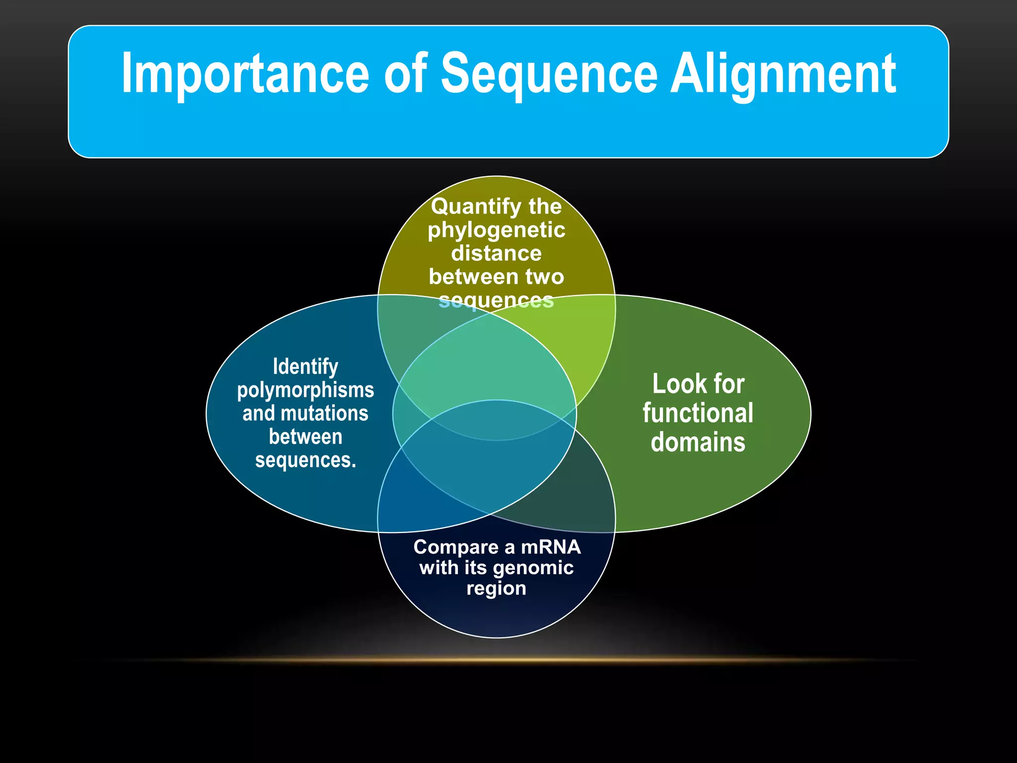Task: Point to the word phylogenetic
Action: click(x=496, y=230)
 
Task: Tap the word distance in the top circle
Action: click(x=496, y=253)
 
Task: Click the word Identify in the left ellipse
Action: click(x=305, y=367)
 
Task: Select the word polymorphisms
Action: click(x=305, y=390)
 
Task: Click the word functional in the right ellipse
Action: click(x=698, y=413)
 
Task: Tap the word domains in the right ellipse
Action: click(x=698, y=442)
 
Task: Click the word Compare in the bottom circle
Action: click(x=456, y=547)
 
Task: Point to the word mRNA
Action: click(x=550, y=547)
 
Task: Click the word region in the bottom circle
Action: click(x=496, y=588)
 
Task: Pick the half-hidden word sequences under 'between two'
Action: click(x=496, y=301)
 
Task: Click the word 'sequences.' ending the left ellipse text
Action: click(x=305, y=460)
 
